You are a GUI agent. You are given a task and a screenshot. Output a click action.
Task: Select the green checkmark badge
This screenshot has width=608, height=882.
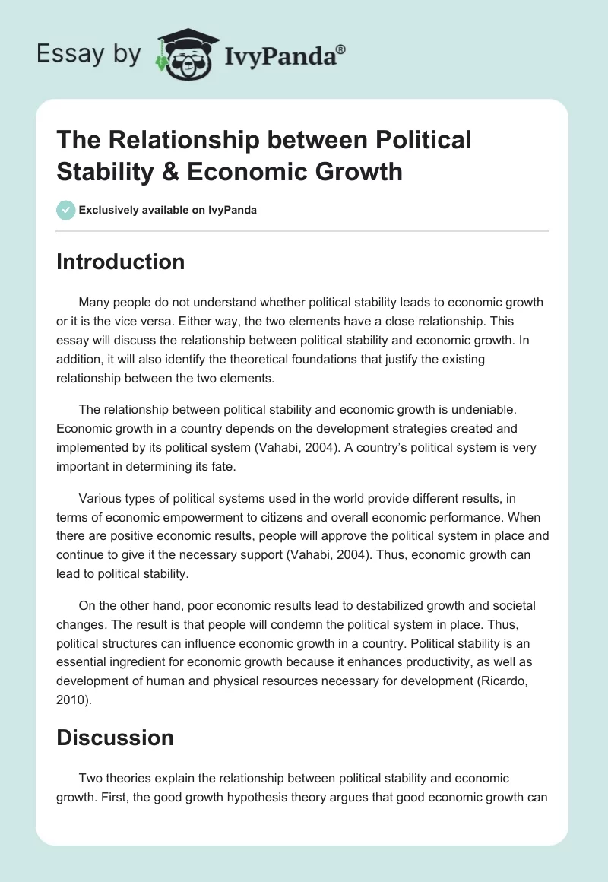tap(66, 210)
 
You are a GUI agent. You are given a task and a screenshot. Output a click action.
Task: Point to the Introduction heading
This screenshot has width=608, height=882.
tap(121, 262)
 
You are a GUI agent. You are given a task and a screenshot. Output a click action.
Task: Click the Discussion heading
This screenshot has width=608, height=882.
tap(116, 737)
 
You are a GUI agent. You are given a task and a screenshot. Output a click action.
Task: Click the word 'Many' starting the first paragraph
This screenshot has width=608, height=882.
tap(94, 302)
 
